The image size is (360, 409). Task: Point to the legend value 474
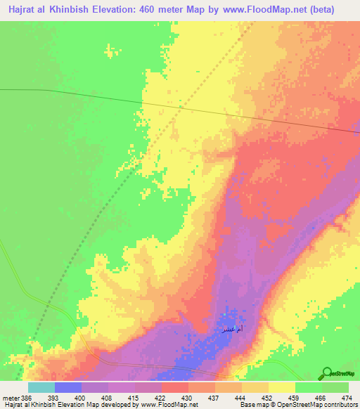[347, 398]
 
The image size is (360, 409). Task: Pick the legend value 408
[105, 398]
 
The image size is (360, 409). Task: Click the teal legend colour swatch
[41, 387]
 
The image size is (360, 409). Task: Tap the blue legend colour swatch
[67, 387]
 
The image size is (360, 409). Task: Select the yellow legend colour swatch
[281, 387]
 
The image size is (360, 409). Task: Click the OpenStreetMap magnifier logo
[326, 372]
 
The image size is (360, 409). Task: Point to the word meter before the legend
[10, 398]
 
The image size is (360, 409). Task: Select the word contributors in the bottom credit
[340, 405]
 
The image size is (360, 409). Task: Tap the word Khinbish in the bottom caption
[39, 405]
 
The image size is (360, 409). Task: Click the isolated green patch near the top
[110, 51]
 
